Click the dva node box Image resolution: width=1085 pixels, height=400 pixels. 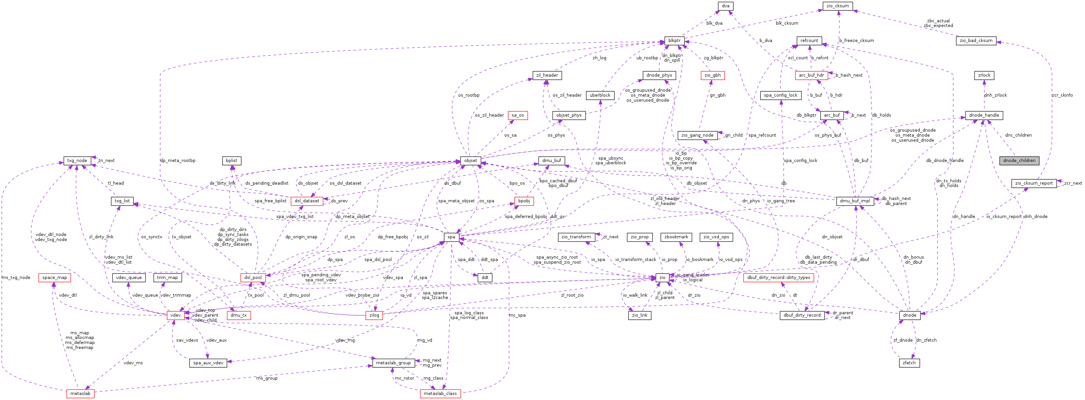pyautogui.click(x=725, y=6)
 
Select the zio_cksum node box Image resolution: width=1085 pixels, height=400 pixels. pyautogui.click(x=838, y=6)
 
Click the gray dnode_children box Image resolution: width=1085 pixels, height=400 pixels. pyautogui.click(x=1019, y=161)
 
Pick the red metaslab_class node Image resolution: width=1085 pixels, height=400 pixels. pyautogui.click(x=440, y=394)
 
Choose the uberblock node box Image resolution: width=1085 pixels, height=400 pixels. pyautogui.click(x=600, y=95)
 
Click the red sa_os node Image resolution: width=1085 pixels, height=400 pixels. pyautogui.click(x=518, y=115)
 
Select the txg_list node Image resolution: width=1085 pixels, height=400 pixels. pyautogui.click(x=122, y=201)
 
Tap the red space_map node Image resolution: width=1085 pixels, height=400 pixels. pyautogui.click(x=54, y=278)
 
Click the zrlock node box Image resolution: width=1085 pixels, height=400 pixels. pyautogui.click(x=984, y=75)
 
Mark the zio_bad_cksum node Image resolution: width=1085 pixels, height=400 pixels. pyautogui.click(x=976, y=41)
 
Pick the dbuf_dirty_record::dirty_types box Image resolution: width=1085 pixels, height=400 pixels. pyautogui.click(x=778, y=278)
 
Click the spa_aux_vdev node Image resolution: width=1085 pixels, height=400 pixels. pyautogui.click(x=208, y=363)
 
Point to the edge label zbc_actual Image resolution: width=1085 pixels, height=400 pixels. pyautogui.click(x=938, y=21)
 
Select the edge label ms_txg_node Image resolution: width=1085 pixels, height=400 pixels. pyautogui.click(x=16, y=278)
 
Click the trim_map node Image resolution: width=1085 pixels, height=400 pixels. pyautogui.click(x=167, y=278)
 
